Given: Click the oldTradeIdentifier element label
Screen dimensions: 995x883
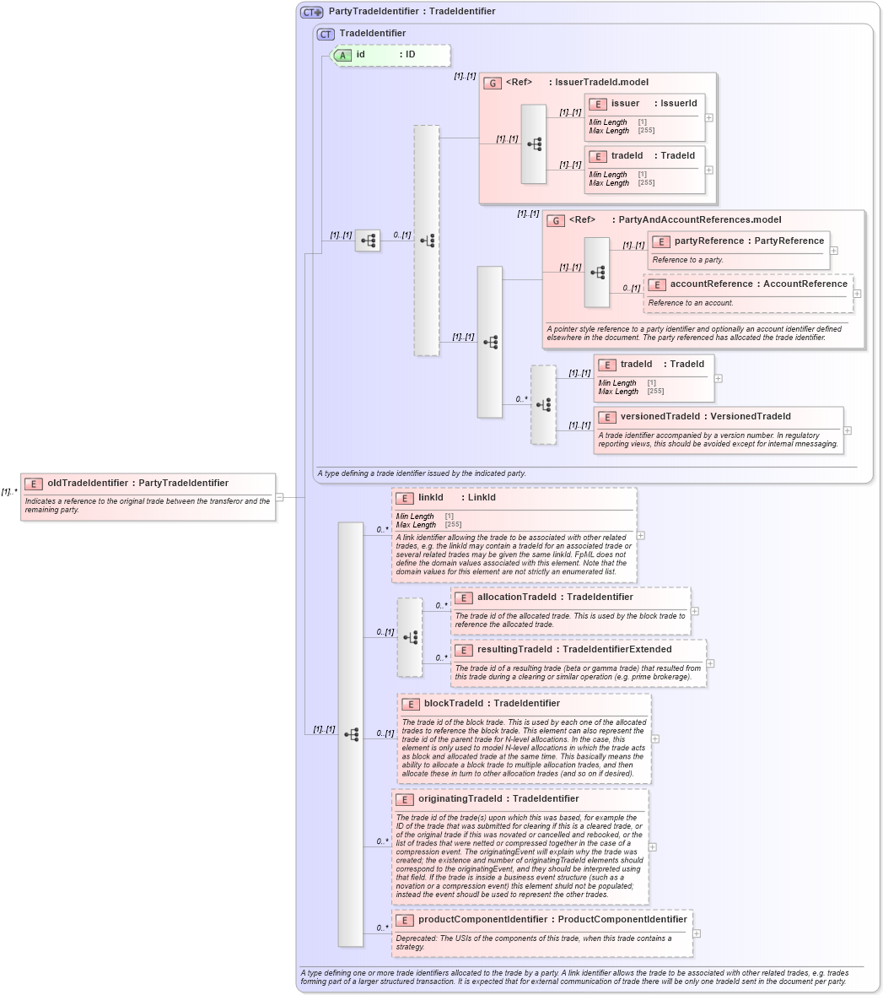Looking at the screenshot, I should (137, 484).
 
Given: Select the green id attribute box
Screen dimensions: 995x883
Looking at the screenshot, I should (390, 55).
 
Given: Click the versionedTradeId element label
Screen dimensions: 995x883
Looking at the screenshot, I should (705, 417).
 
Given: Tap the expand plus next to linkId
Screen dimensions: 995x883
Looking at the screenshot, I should (641, 535).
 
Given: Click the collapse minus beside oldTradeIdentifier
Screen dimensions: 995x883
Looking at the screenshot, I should (279, 497).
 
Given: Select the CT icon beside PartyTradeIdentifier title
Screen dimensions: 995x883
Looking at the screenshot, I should (312, 12).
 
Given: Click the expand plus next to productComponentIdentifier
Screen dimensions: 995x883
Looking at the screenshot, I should (697, 933).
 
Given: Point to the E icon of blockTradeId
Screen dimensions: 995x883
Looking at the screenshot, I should (410, 704).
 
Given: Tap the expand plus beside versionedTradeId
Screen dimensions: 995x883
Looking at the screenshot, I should (848, 430).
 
